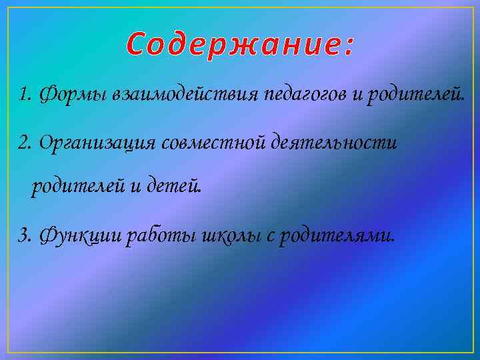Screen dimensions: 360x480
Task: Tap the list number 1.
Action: coord(25,95)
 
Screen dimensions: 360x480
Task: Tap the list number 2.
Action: coord(25,141)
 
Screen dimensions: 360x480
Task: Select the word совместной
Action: coord(213,141)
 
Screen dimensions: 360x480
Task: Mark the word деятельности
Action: coord(333,141)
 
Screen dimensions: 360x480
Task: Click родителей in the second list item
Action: coord(77,188)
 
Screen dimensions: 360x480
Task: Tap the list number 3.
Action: coord(25,235)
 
